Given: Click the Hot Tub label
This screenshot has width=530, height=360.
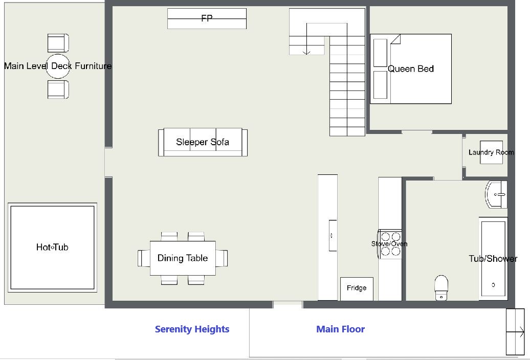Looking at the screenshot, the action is pyautogui.click(x=52, y=247).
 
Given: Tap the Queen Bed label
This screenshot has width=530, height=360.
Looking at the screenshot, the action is pyautogui.click(x=411, y=69).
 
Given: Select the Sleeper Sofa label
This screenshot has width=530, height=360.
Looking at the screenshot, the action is pyautogui.click(x=203, y=142).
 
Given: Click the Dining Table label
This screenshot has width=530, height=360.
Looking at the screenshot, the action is pyautogui.click(x=183, y=258).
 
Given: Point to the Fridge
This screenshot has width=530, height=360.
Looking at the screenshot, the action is pyautogui.click(x=357, y=289).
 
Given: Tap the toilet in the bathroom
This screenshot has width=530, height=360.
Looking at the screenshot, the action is pyautogui.click(x=441, y=288).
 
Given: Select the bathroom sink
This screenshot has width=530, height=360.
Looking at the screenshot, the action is pyautogui.click(x=496, y=194).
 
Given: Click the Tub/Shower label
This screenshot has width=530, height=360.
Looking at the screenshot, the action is pyautogui.click(x=493, y=259).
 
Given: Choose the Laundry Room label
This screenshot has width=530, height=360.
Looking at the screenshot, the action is pyautogui.click(x=491, y=152).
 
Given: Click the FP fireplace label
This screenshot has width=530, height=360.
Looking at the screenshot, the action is pyautogui.click(x=207, y=18).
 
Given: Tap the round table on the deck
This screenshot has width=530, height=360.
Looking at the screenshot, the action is pyautogui.click(x=58, y=66).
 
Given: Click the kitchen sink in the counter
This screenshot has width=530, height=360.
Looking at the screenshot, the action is pyautogui.click(x=333, y=235).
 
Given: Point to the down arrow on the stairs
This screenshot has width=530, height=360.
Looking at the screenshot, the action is pyautogui.click(x=306, y=39).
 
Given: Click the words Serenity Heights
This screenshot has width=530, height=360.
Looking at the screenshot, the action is pyautogui.click(x=192, y=329).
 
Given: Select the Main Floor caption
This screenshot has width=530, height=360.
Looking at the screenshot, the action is pyautogui.click(x=340, y=329).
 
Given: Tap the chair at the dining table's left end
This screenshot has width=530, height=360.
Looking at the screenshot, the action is pyautogui.click(x=144, y=258).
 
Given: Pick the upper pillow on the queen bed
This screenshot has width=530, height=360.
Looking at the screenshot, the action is pyautogui.click(x=380, y=53).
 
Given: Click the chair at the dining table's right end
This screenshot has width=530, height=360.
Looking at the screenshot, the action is pyautogui.click(x=222, y=258).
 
